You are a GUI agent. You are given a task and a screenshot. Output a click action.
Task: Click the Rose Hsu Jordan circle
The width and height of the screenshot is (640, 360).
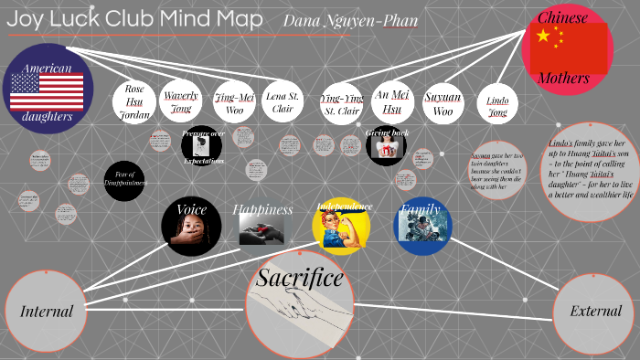pos(134,101)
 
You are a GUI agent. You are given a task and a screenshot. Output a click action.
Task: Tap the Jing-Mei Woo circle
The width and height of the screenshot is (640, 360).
pos(235,101)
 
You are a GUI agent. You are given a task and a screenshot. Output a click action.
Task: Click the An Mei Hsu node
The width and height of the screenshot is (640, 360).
pos(393,102)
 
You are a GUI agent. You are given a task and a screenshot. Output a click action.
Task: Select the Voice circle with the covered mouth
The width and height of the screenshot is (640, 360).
pos(191,226)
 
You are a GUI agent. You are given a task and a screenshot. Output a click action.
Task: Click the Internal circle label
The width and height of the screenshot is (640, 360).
pos(47,312)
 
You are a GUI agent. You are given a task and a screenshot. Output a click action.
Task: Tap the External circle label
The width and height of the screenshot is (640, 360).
pos(595,312)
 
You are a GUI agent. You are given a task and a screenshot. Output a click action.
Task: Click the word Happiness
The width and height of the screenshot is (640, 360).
pos(262,209)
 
